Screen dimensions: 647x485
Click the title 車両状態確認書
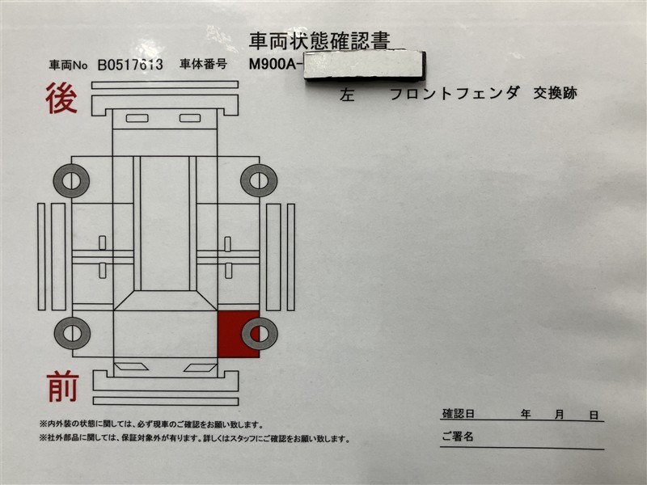[x=319, y=41]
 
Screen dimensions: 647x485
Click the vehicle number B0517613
[x=130, y=65]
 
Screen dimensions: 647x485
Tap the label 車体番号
[x=204, y=64]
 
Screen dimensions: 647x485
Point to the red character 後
[x=61, y=98]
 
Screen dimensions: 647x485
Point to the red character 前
[x=63, y=386]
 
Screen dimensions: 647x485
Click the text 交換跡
[x=555, y=93]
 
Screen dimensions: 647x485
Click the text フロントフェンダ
[x=455, y=93]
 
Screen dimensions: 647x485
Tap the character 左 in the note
[x=347, y=95]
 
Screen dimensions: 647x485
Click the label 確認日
[x=459, y=414]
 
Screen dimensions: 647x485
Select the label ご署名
[x=458, y=436]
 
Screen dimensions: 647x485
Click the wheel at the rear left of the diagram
[x=259, y=180]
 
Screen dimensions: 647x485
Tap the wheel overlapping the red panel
[x=260, y=334]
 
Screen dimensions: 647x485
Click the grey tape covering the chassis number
[x=365, y=65]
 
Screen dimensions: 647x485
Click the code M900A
[x=273, y=65]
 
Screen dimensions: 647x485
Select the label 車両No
[x=68, y=65]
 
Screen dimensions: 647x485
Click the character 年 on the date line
[x=525, y=414]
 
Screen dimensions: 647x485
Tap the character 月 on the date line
[x=559, y=415]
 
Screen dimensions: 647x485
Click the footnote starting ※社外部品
[x=194, y=439]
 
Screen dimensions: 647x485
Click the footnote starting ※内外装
[x=151, y=424]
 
